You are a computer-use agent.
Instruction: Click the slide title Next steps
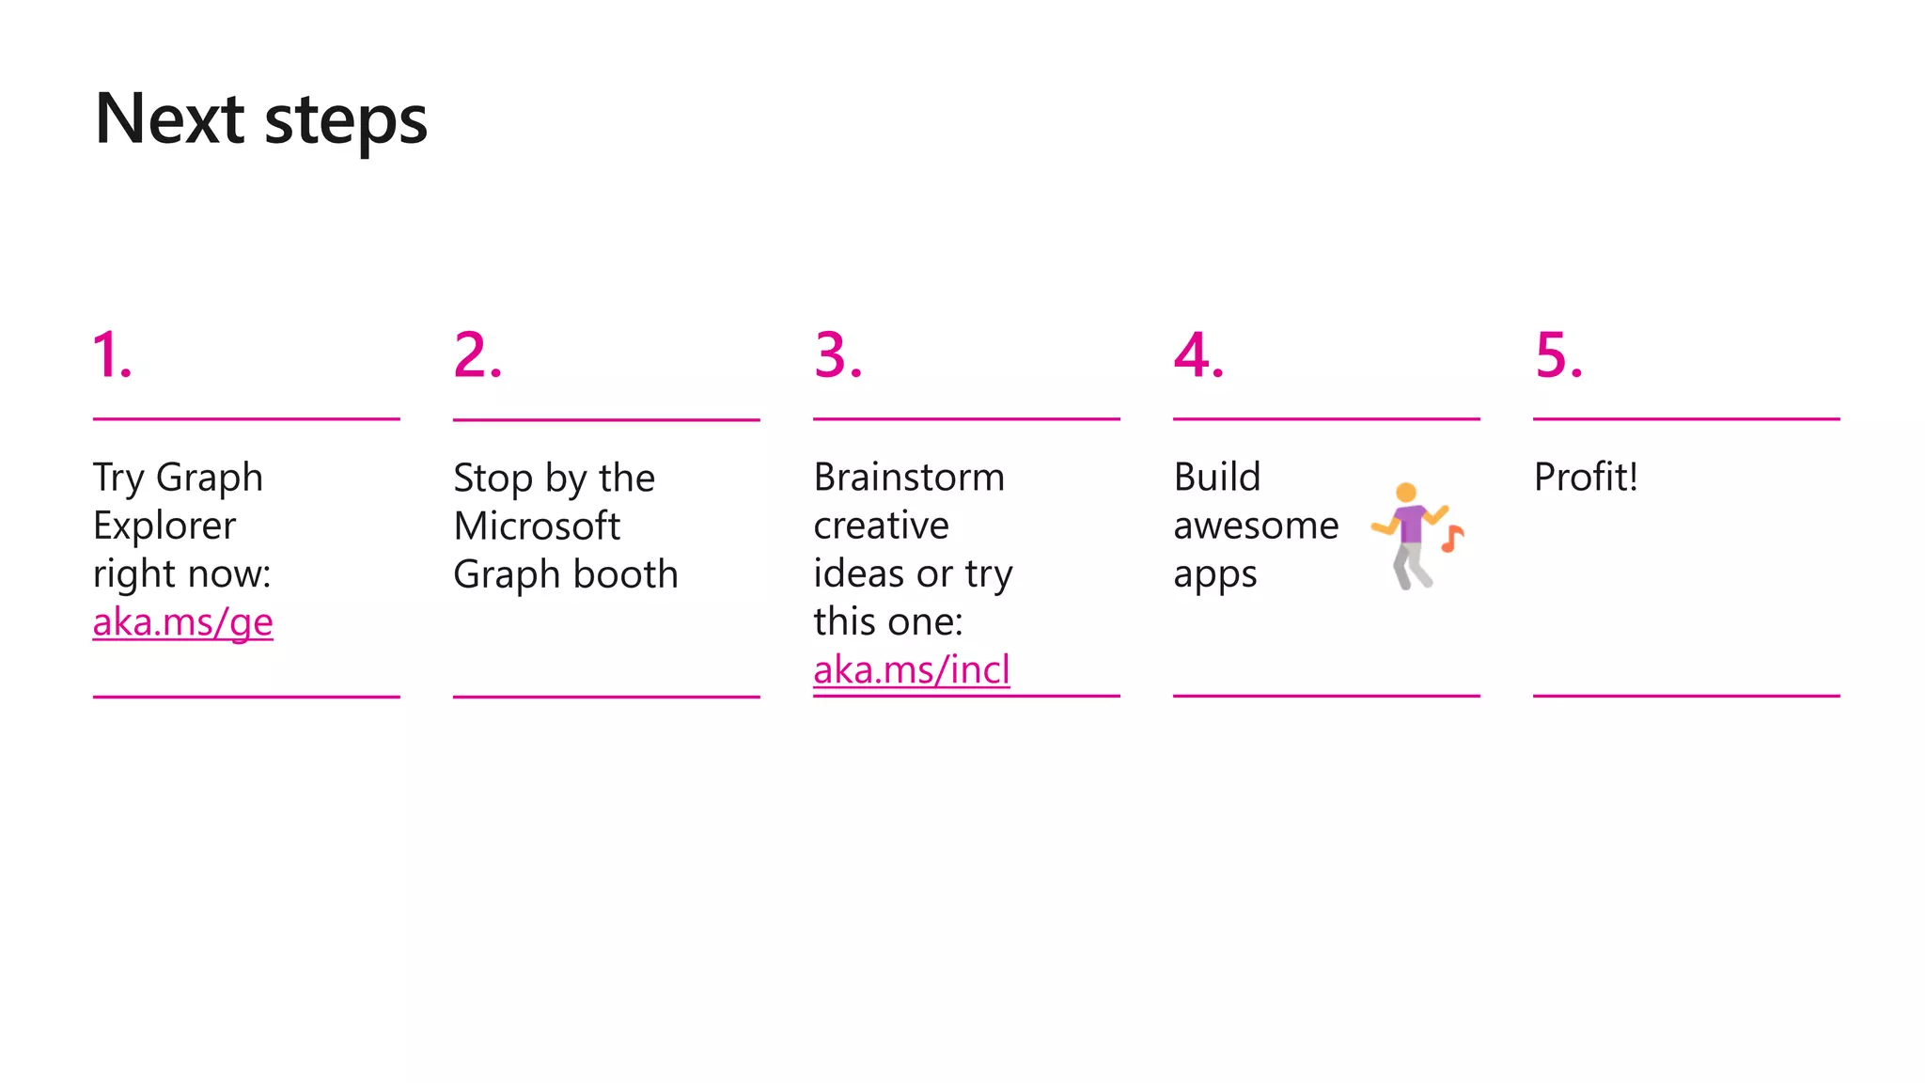pyautogui.click(x=261, y=119)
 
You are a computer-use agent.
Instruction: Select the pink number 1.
pyautogui.click(x=111, y=355)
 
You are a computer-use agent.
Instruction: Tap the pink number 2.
pyautogui.click(x=477, y=355)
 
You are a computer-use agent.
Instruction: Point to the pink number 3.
pyautogui.click(x=837, y=355)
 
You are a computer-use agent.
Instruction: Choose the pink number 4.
pyautogui.click(x=1197, y=355)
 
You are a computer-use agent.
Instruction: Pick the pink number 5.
pyautogui.click(x=1557, y=355)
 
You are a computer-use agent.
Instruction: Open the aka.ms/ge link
pyautogui.click(x=182, y=622)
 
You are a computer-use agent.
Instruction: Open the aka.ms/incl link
pyautogui.click(x=911, y=670)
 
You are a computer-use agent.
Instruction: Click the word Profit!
pyautogui.click(x=1586, y=477)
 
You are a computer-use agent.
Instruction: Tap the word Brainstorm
pyautogui.click(x=909, y=477)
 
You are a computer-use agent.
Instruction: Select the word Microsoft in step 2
pyautogui.click(x=537, y=526)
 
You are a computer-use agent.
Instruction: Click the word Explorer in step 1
pyautogui.click(x=164, y=526)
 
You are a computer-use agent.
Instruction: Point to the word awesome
pyautogui.click(x=1256, y=526)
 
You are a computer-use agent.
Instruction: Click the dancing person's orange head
pyautogui.click(x=1406, y=492)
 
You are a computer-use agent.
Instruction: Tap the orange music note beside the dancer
pyautogui.click(x=1452, y=539)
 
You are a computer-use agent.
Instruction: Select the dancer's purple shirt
pyautogui.click(x=1410, y=523)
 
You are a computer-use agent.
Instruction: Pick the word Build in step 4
pyautogui.click(x=1216, y=477)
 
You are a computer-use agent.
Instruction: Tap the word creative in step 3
pyautogui.click(x=881, y=526)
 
